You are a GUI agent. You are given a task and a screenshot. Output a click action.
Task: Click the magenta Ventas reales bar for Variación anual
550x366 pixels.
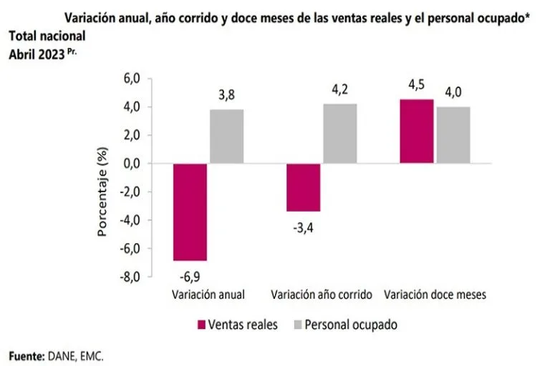coord(190,212)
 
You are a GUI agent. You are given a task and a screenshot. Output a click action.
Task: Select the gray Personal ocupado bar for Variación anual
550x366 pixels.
coord(226,137)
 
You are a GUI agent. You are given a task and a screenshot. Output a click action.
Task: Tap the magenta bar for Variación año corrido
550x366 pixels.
coord(303,187)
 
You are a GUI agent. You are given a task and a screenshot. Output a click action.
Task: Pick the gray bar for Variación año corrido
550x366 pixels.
coord(339,134)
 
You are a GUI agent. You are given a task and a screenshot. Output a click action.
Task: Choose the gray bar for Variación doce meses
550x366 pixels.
coord(453,135)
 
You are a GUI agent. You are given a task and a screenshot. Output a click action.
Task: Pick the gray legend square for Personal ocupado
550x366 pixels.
coord(296,325)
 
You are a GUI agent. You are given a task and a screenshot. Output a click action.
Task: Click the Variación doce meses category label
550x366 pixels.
coord(435,294)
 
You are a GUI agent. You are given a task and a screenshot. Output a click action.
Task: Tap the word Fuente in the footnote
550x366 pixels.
coord(26,355)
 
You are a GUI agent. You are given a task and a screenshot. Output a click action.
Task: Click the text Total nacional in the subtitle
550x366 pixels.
coord(47,35)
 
